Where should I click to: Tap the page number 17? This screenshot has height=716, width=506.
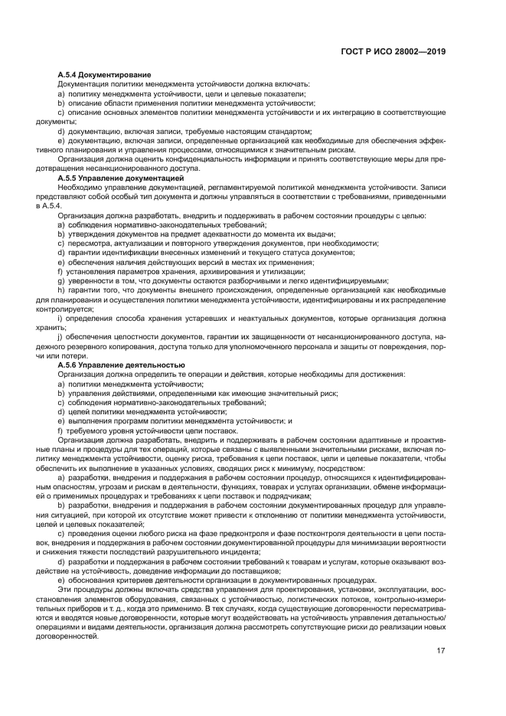(x=441, y=652)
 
